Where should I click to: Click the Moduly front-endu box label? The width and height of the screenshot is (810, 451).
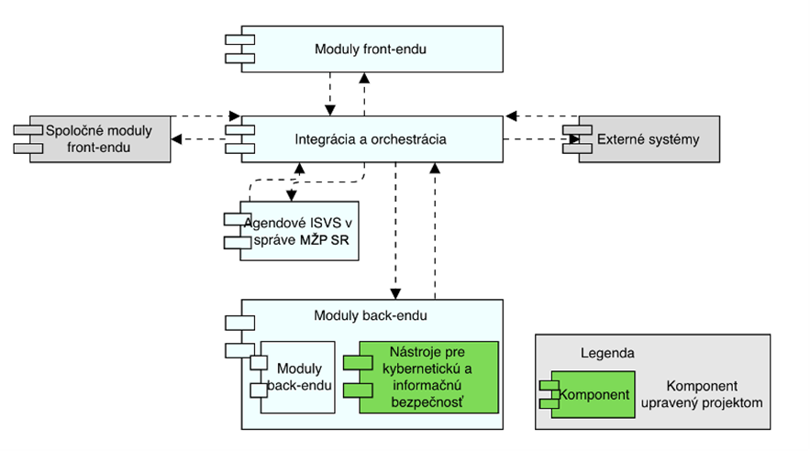tap(371, 49)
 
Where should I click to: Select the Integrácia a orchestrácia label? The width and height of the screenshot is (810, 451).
tap(371, 139)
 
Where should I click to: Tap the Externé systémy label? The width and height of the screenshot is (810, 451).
tap(648, 139)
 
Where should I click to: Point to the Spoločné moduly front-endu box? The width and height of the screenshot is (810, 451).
tap(101, 139)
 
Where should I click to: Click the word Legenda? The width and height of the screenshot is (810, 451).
tap(607, 352)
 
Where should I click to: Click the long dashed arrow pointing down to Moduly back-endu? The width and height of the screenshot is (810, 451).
tap(395, 229)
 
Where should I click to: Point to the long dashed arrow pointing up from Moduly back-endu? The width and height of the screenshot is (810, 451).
tap(435, 229)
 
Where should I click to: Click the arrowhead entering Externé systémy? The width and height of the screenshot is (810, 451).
tap(575, 140)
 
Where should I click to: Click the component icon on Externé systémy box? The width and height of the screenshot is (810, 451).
tap(576, 139)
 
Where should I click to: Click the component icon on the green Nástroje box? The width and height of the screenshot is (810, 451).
tap(358, 377)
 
